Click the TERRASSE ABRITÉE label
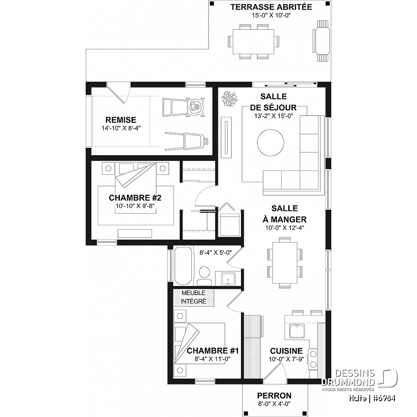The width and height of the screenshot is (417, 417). point(271,7)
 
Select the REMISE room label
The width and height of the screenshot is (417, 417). point(120,120)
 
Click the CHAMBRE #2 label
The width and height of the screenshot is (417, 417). point(135,197)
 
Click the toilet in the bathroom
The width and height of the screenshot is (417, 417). point(204,274)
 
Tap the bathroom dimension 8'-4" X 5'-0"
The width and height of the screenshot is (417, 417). point(215,253)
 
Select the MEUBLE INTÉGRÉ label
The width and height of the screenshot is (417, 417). point(193,297)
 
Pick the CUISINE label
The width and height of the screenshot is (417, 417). point(286,351)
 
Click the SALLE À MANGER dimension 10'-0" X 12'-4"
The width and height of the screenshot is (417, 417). point(285,227)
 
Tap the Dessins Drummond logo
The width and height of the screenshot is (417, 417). point(360,378)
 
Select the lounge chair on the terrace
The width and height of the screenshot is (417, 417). point(322,42)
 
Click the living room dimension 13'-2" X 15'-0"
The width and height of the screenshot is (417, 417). point(273,116)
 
